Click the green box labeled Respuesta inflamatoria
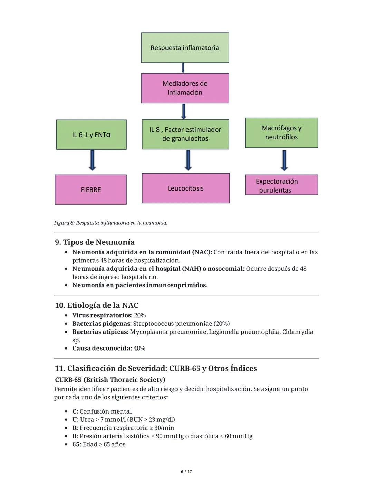[x=185, y=48]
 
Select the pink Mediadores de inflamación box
[x=185, y=88]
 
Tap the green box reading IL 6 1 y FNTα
[x=91, y=134]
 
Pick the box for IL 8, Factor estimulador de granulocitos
[x=185, y=134]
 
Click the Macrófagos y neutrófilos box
[x=281, y=132]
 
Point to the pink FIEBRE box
[x=90, y=189]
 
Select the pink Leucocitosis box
[x=185, y=188]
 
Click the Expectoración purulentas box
[x=281, y=185]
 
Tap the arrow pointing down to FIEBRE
[x=92, y=160]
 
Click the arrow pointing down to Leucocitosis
[x=188, y=160]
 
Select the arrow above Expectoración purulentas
[x=284, y=160]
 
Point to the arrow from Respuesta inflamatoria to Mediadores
[x=183, y=68]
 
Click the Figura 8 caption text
[x=111, y=223]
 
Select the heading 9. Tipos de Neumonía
[x=95, y=242]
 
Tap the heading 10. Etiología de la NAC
[x=97, y=305]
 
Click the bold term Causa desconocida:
[x=102, y=348]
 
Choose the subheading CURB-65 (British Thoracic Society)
[x=110, y=380]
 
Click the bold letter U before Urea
[x=74, y=419]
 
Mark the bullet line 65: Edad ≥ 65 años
[x=99, y=444]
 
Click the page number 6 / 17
[x=186, y=472]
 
